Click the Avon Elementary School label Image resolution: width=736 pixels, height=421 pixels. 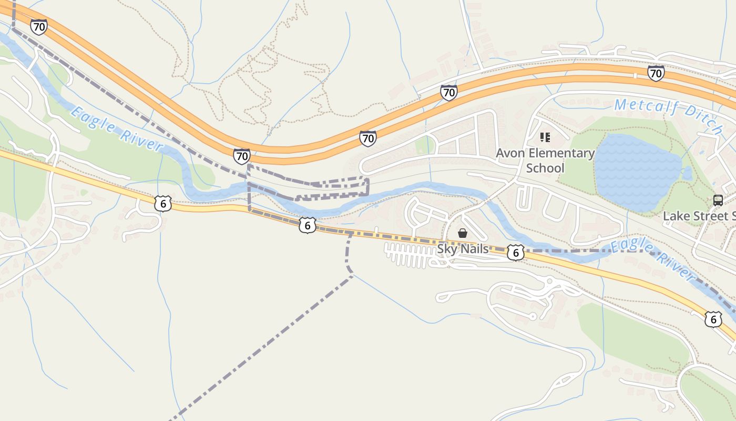tap(545, 161)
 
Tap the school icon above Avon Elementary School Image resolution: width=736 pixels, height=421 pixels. tap(545, 138)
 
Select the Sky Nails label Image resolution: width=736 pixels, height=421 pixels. tap(463, 249)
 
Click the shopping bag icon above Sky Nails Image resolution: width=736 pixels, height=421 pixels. tap(463, 233)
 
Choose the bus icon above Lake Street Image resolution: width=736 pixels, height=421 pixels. tap(718, 200)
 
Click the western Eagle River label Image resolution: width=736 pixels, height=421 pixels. tap(116, 128)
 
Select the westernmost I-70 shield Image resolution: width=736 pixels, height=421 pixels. tap(38, 27)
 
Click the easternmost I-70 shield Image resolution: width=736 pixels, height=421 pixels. tap(656, 73)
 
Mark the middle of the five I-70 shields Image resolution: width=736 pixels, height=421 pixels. tap(367, 138)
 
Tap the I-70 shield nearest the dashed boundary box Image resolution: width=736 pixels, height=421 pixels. tap(242, 156)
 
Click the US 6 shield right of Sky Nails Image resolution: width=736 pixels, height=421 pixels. tap(516, 253)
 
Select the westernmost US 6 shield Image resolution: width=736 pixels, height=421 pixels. tap(163, 203)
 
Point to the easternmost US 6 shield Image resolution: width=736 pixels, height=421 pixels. tap(712, 319)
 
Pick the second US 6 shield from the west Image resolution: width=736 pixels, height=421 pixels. tap(308, 225)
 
